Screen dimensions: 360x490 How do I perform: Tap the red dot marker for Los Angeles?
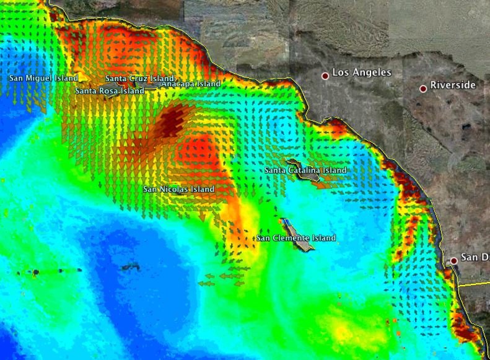click(x=325, y=76)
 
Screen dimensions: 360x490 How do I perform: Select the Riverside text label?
click(x=453, y=85)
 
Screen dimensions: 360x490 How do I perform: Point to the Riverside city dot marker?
click(x=423, y=89)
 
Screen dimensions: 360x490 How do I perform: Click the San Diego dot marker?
click(x=454, y=261)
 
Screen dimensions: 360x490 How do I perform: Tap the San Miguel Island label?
click(x=43, y=78)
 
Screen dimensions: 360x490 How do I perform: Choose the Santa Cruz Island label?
click(x=139, y=79)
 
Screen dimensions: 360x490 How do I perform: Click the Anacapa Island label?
click(x=191, y=84)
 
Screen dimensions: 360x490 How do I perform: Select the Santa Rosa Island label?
click(x=109, y=90)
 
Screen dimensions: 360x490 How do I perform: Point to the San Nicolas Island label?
click(x=178, y=189)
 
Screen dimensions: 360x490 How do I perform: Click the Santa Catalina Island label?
click(x=305, y=170)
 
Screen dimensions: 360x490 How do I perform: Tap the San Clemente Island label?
click(x=296, y=238)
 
